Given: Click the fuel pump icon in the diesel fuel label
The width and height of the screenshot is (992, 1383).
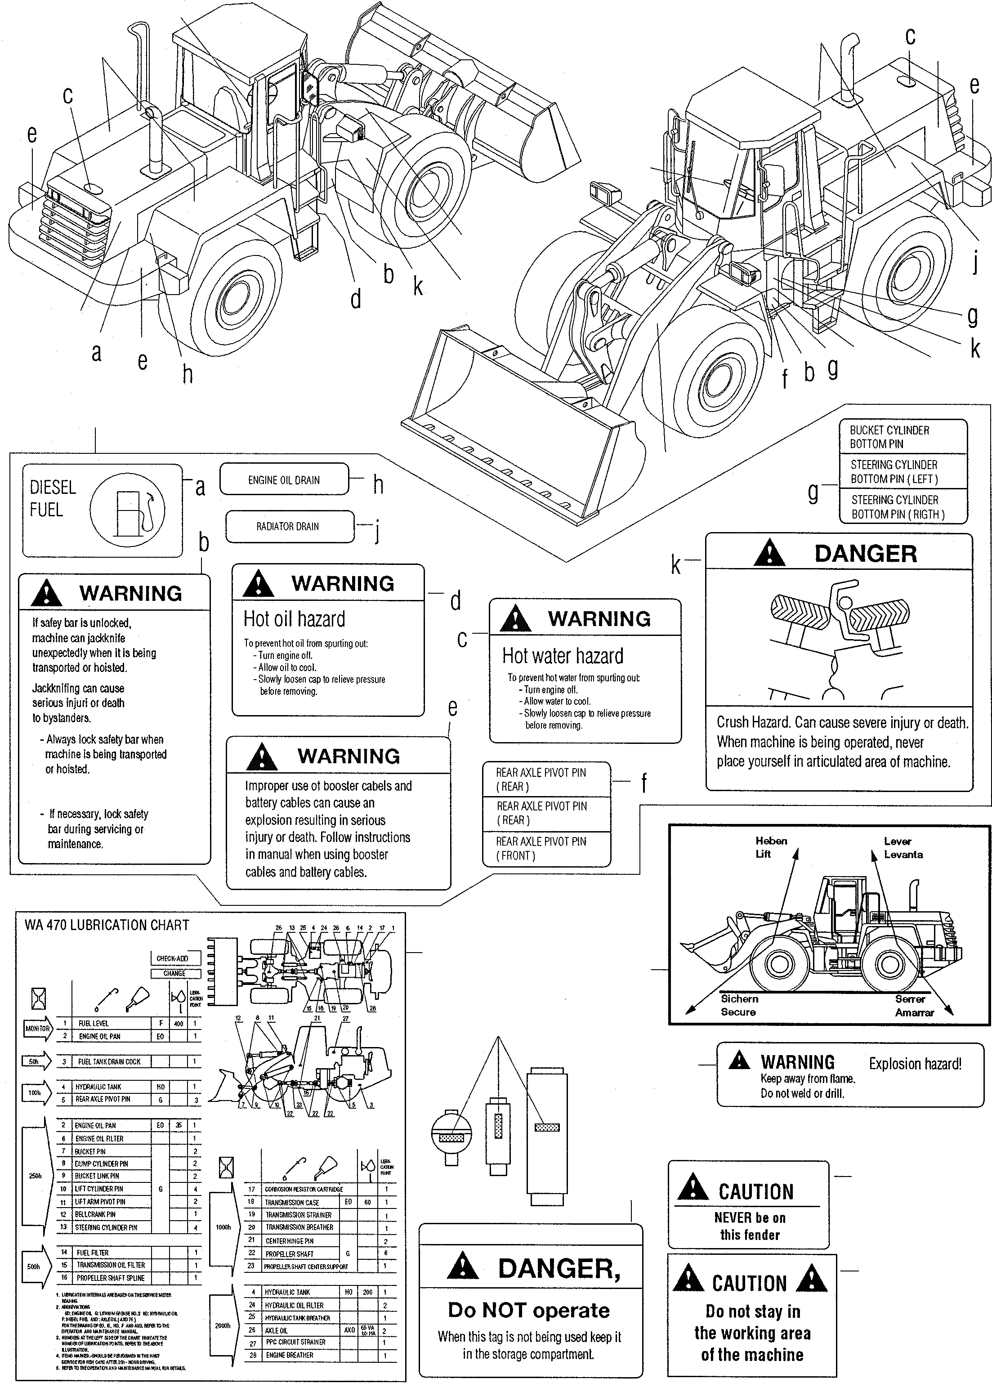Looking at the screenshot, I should point(132,510).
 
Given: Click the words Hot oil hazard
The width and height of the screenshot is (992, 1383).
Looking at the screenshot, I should point(294,619).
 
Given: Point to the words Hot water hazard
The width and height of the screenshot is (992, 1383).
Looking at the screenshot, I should point(562,656).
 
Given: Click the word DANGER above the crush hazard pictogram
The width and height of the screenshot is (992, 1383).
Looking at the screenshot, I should point(865,554).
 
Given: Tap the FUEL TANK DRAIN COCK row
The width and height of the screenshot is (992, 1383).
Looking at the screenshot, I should point(108,1061).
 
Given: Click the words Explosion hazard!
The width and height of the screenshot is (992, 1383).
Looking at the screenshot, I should point(915,1064).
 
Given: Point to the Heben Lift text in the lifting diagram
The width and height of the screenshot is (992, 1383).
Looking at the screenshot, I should point(771,847).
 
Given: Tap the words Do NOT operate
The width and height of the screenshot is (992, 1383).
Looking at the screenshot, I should point(529,1310).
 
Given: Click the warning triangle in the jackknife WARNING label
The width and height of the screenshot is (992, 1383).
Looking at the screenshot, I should point(47,592).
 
